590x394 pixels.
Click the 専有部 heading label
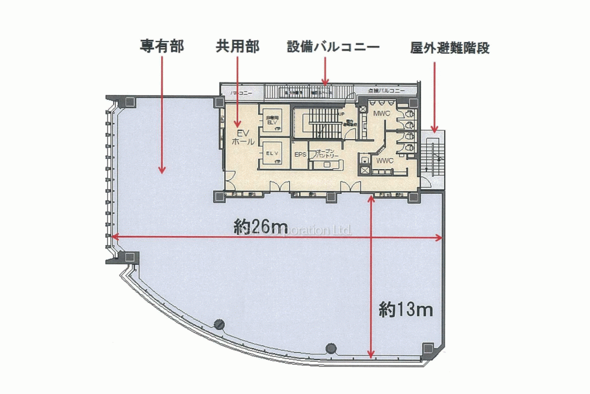click(162, 47)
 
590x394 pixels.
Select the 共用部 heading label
click(237, 47)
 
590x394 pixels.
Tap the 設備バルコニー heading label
click(334, 47)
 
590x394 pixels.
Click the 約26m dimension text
click(260, 227)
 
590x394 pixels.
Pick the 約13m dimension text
click(406, 310)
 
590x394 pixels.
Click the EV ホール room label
click(239, 137)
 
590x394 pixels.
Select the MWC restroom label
click(381, 114)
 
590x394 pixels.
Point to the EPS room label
click(300, 155)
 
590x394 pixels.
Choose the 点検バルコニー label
click(386, 91)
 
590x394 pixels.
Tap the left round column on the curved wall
click(219, 324)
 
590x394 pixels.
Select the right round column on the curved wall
click(330, 348)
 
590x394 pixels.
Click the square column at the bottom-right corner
click(428, 348)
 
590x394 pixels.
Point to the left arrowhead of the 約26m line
click(115, 237)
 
